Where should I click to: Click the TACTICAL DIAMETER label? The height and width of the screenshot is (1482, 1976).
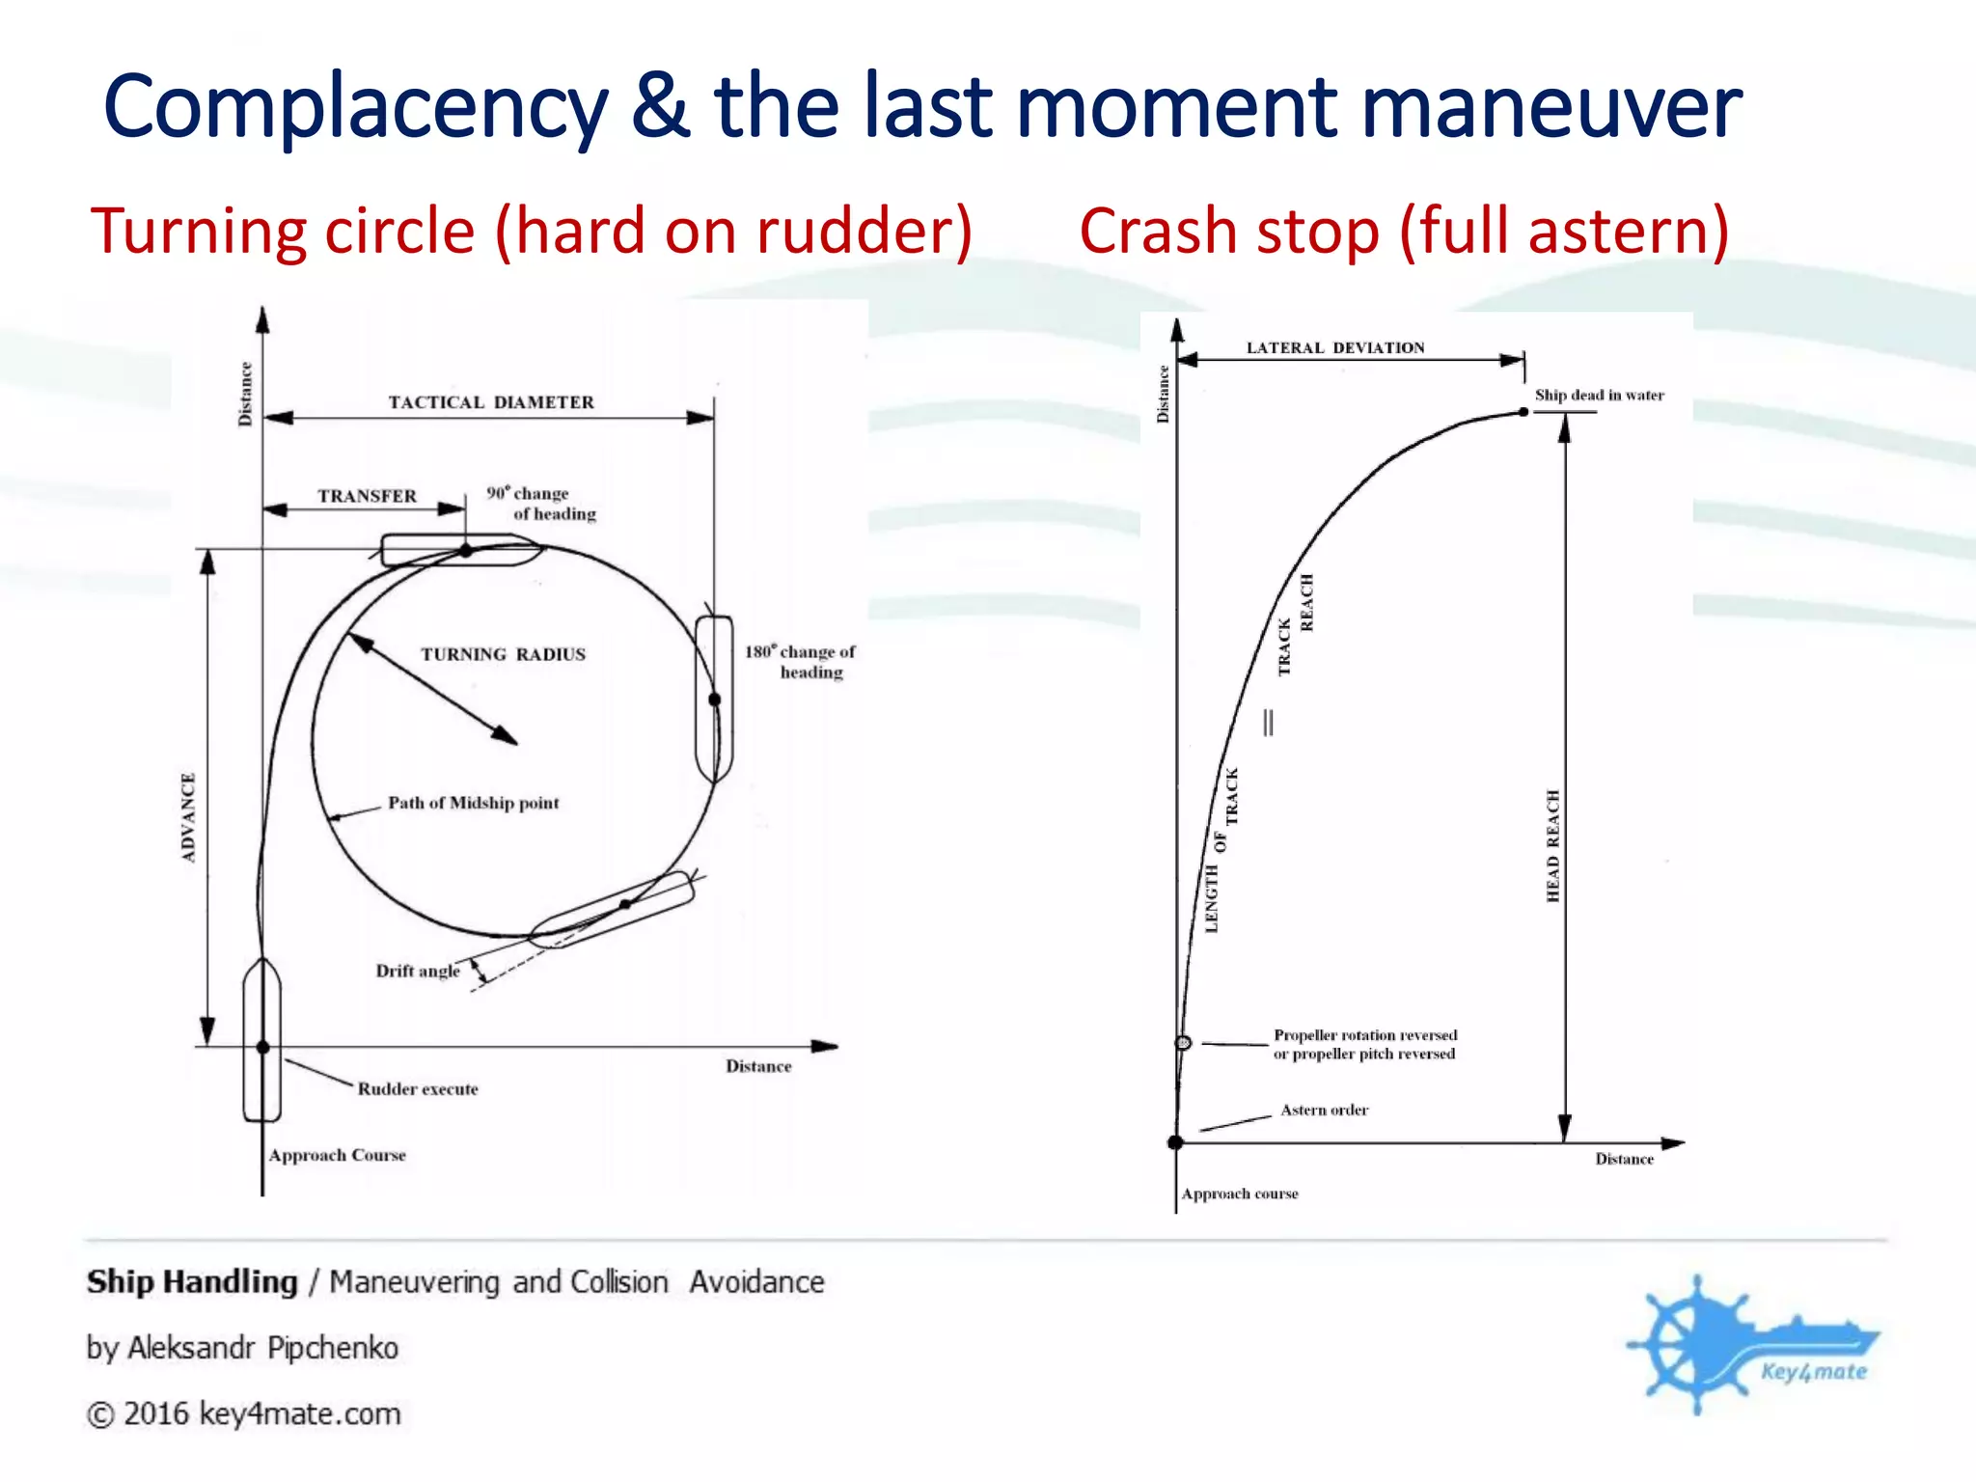[491, 402]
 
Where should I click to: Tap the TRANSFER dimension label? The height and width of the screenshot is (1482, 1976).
[368, 496]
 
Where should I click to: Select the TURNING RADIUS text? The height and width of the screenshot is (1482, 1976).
[503, 654]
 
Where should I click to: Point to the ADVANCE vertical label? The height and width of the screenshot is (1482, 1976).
[188, 816]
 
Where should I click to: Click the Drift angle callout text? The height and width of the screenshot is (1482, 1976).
[418, 971]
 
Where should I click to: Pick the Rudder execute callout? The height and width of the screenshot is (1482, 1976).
[418, 1089]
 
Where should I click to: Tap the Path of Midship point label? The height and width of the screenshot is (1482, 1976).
[473, 803]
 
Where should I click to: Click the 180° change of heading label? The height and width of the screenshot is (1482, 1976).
[800, 662]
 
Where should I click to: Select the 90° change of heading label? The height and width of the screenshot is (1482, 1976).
[541, 503]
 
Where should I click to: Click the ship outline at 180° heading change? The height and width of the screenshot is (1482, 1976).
[714, 699]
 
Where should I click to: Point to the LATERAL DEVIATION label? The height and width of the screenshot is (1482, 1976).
[1335, 347]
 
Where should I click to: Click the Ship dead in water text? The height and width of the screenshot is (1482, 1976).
[1599, 395]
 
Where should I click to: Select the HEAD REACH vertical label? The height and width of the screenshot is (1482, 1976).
[1552, 846]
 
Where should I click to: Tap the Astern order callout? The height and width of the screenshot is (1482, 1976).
[1324, 1111]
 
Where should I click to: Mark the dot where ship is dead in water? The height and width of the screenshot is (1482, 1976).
[1523, 412]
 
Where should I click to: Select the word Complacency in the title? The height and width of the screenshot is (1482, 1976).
[356, 108]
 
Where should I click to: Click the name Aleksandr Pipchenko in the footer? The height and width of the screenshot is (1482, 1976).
[262, 1348]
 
